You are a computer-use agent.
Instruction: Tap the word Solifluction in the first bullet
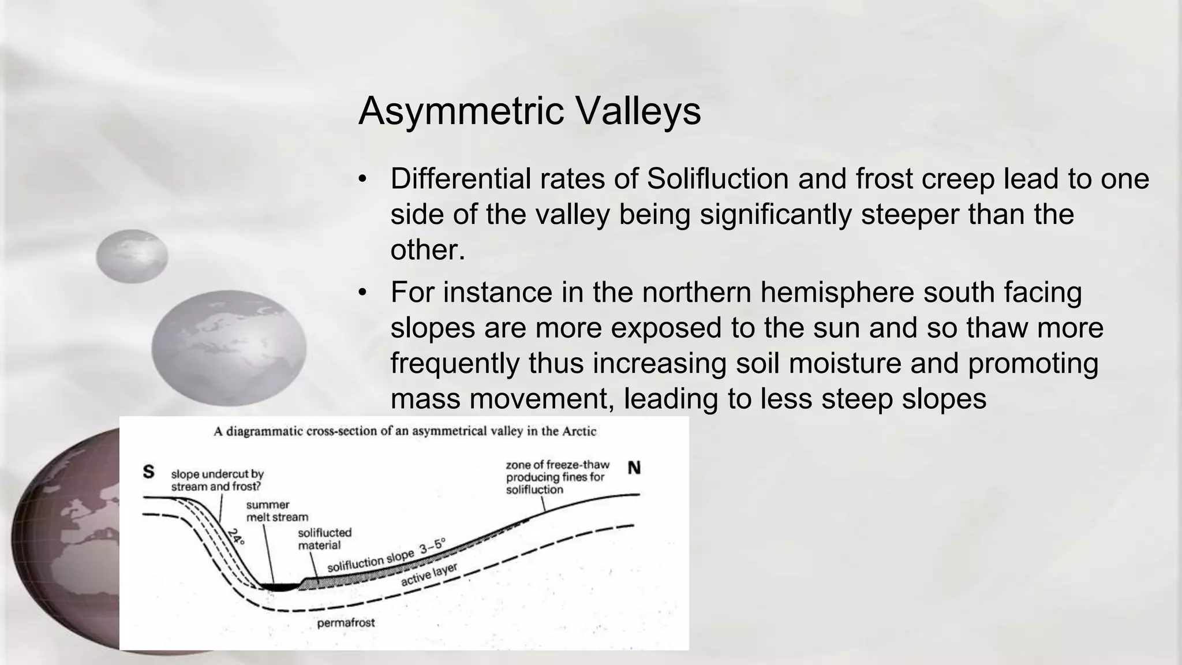[x=717, y=178]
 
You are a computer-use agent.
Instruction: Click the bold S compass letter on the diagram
[x=148, y=472]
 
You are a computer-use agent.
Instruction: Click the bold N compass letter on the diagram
[x=634, y=468]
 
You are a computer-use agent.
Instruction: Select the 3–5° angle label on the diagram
[x=432, y=546]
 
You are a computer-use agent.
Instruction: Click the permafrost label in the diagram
[x=346, y=623]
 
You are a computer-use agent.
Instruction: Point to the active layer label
[x=429, y=574]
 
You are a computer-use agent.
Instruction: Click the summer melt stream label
[x=276, y=511]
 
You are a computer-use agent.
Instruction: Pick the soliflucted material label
[x=324, y=539]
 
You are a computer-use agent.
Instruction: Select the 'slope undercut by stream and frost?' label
[x=217, y=480]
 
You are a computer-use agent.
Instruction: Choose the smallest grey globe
[x=132, y=256]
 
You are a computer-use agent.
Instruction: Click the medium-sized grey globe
[x=229, y=348]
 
